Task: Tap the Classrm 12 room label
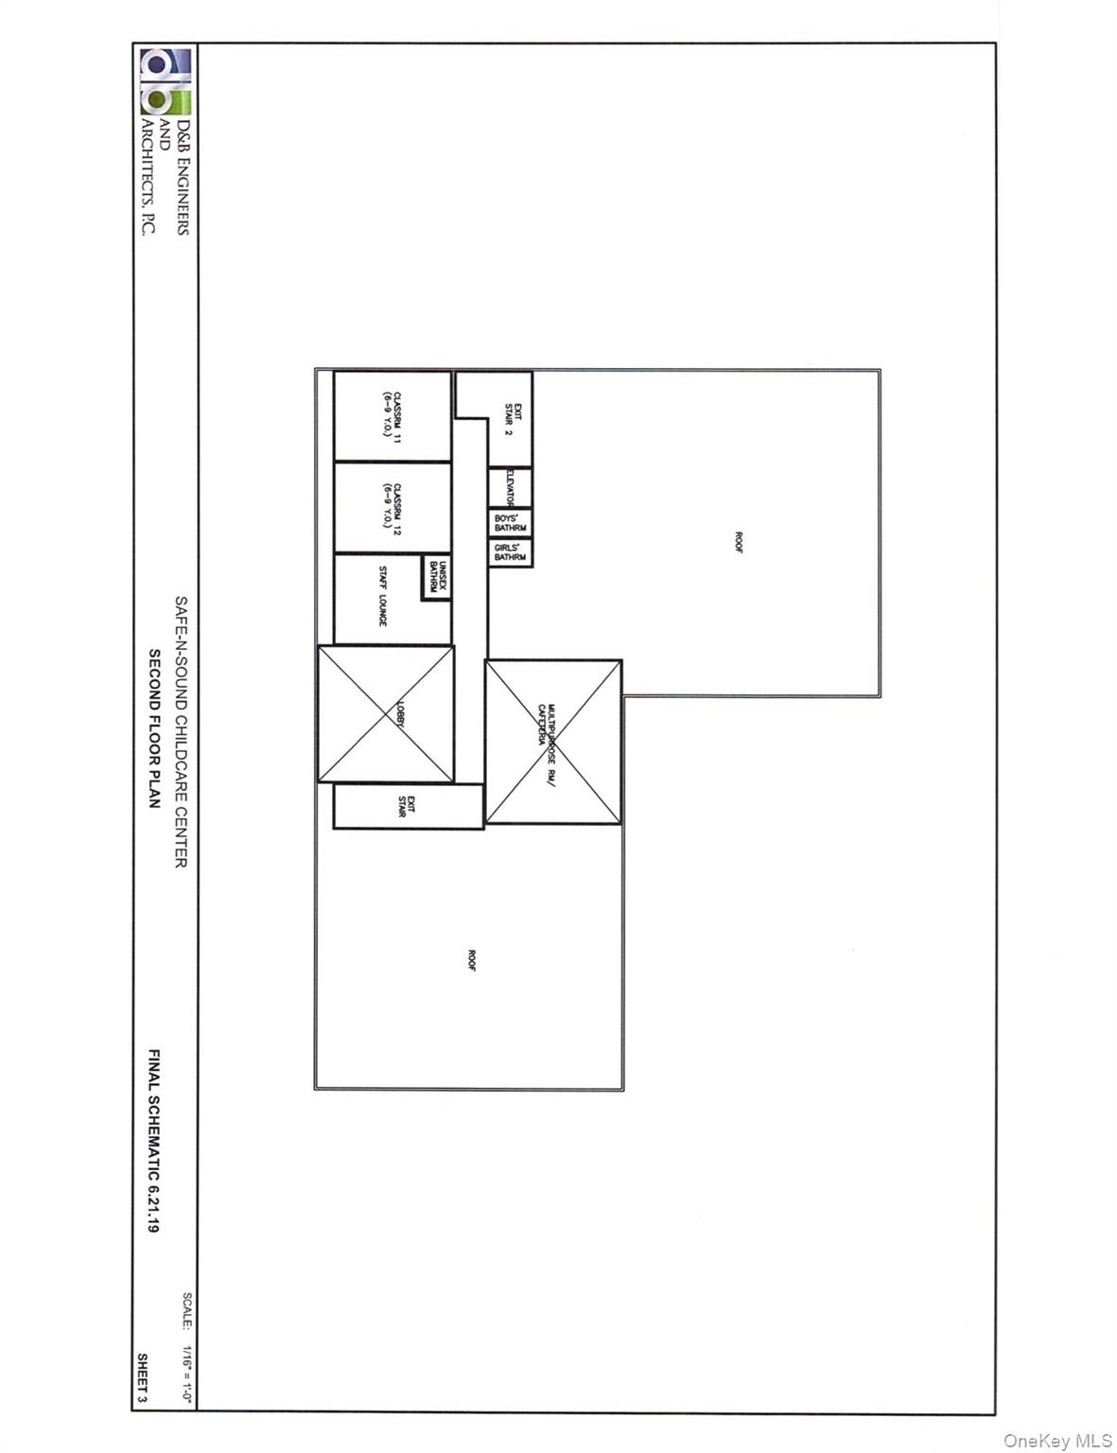(393, 507)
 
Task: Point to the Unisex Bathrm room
(436, 576)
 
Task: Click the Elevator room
(511, 488)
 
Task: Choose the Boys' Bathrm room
(511, 523)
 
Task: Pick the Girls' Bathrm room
(511, 552)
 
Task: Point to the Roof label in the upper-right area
(739, 542)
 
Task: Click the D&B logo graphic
(166, 82)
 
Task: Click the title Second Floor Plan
(154, 727)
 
